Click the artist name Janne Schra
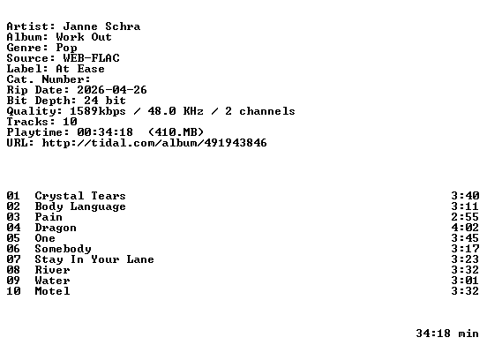(101, 26)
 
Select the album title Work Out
(84, 37)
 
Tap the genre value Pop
(66, 49)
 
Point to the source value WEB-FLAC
(91, 58)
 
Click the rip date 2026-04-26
(112, 90)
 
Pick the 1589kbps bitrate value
(98, 111)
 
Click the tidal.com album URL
(154, 143)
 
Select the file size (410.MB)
(176, 132)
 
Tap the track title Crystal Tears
(80, 196)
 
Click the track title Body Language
(80, 206)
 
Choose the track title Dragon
(56, 228)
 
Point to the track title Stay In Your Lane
(94, 259)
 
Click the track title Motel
(52, 291)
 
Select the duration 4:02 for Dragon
(465, 228)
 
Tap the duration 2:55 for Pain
(465, 217)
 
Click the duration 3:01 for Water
(465, 281)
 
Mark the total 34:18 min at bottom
(447, 334)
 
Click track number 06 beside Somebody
(13, 249)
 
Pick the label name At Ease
(80, 69)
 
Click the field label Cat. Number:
(49, 79)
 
